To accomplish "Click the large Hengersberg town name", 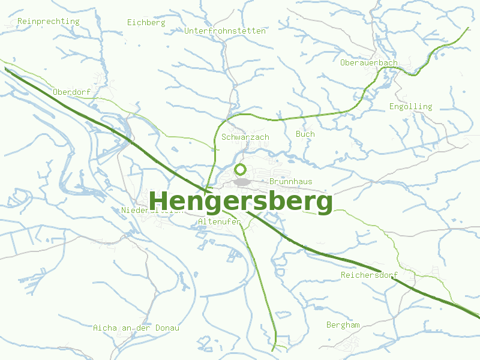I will [241, 202].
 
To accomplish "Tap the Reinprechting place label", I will [49, 22].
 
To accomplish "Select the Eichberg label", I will [146, 23].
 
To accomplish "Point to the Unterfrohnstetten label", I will [226, 31].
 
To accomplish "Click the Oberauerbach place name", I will [368, 63].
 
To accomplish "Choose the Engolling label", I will [410, 107].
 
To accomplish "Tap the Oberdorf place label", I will [71, 92].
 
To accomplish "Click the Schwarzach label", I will [245, 137].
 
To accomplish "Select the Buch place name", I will [305, 134].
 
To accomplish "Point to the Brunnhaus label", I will [291, 181].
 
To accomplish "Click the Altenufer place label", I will [219, 222].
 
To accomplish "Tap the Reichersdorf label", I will [369, 275].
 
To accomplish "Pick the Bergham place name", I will [343, 325].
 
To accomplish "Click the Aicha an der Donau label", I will [136, 328].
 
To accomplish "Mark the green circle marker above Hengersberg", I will [241, 169].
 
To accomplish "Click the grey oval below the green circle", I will [242, 182].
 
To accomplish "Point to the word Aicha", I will [105, 328].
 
